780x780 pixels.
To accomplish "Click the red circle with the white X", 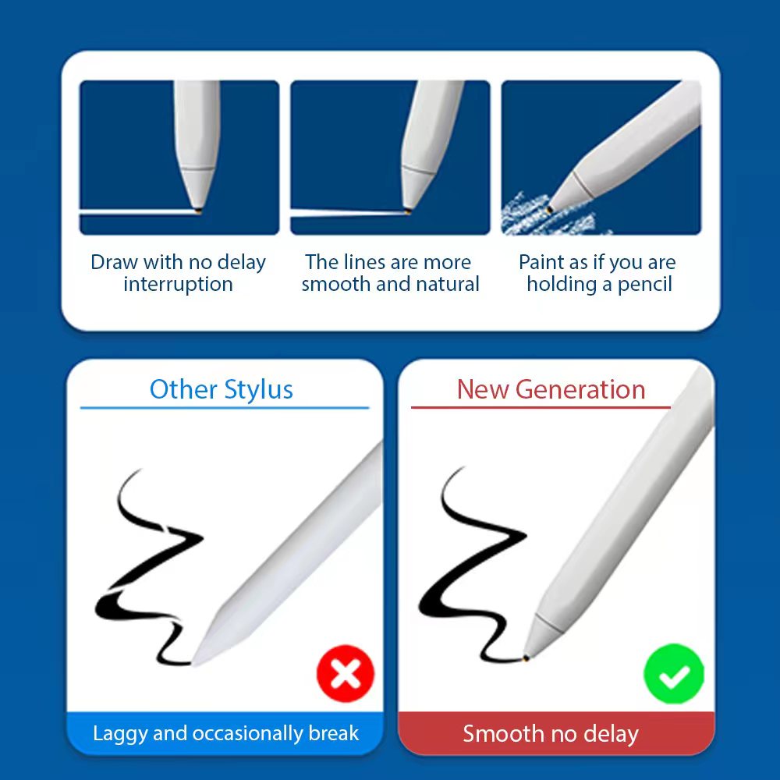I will pyautogui.click(x=346, y=674).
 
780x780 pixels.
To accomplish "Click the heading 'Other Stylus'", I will pyautogui.click(x=222, y=389).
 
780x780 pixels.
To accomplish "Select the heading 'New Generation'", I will pyautogui.click(x=551, y=389).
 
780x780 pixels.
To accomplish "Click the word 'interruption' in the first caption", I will pyautogui.click(x=178, y=284).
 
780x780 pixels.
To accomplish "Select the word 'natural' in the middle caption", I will pyautogui.click(x=450, y=284).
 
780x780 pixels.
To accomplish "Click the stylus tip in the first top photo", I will pyautogui.click(x=200, y=210).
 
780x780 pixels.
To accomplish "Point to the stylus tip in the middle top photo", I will pyautogui.click(x=409, y=210).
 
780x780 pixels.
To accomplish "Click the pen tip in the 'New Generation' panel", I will pyautogui.click(x=527, y=659).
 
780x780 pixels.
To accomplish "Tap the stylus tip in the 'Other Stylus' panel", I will pyautogui.click(x=197, y=661).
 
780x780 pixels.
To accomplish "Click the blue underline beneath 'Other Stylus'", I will pyautogui.click(x=225, y=407).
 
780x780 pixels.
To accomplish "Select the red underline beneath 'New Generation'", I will pyautogui.click(x=541, y=407).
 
